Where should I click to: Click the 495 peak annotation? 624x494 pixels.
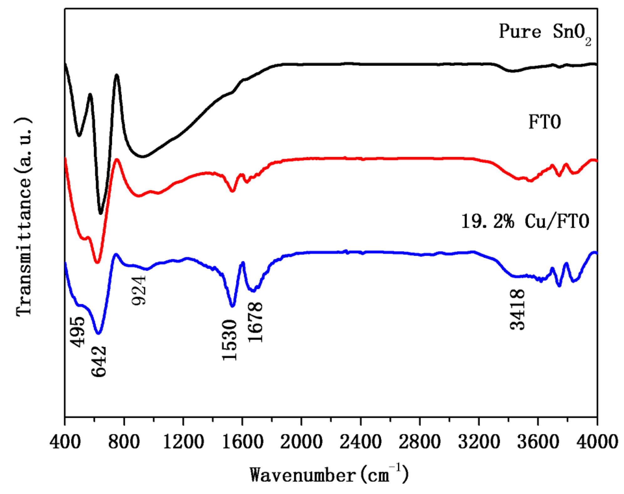click(77, 332)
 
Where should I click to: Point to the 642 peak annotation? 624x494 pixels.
click(99, 361)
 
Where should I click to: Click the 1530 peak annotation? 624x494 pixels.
click(229, 340)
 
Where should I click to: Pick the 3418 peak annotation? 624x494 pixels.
click(517, 309)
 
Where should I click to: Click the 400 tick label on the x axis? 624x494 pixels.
click(65, 442)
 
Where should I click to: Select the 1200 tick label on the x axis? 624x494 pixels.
click(183, 442)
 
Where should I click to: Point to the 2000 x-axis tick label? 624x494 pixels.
click(301, 442)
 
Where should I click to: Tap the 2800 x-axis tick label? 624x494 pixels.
click(420, 442)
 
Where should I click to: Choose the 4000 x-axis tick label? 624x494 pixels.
click(597, 442)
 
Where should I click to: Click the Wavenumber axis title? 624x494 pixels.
click(329, 475)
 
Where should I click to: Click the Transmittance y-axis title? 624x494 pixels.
click(24, 216)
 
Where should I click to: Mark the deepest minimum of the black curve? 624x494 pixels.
click(101, 213)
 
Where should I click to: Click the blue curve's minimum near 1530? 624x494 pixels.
click(232, 306)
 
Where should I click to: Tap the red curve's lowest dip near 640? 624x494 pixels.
click(97, 262)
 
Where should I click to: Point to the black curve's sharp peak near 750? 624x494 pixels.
click(116, 75)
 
